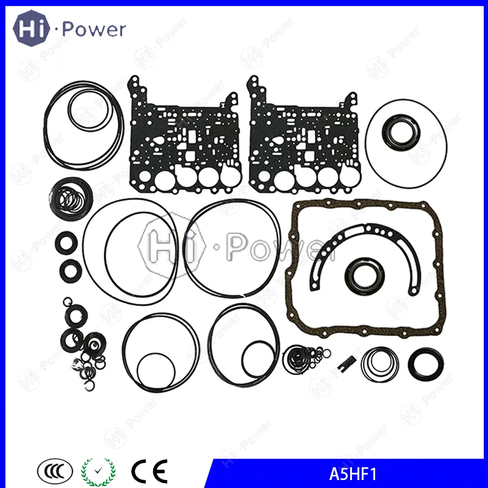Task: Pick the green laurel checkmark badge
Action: [98, 470]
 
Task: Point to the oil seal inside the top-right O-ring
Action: [403, 131]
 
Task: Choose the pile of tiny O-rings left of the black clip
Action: [303, 356]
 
